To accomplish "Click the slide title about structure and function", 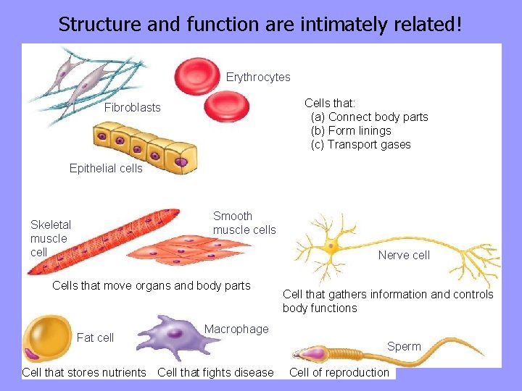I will click(260, 24).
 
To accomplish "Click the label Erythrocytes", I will click(258, 77).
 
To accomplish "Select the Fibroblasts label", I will click(133, 108).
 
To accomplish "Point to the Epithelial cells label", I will click(106, 169).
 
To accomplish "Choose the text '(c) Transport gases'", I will click(360, 144).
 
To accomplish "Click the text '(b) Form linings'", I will click(350, 130).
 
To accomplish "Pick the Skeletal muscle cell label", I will click(50, 238).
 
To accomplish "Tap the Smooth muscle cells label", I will click(244, 223).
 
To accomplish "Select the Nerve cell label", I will click(404, 255).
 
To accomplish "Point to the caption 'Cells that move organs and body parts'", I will click(152, 285).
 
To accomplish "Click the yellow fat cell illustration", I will click(47, 338).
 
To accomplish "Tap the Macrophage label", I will click(236, 329).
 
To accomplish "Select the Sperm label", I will click(404, 346).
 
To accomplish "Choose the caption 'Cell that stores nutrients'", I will click(84, 372).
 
